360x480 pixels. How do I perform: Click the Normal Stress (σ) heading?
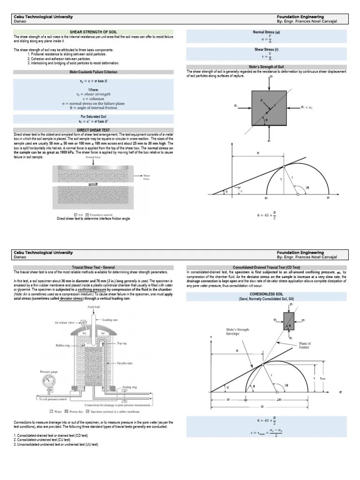tap(266, 32)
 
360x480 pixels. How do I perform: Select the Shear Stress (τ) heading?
tap(266, 49)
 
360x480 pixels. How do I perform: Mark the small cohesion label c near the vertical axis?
tap(240, 191)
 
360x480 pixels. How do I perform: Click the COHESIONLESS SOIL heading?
tap(266, 294)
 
